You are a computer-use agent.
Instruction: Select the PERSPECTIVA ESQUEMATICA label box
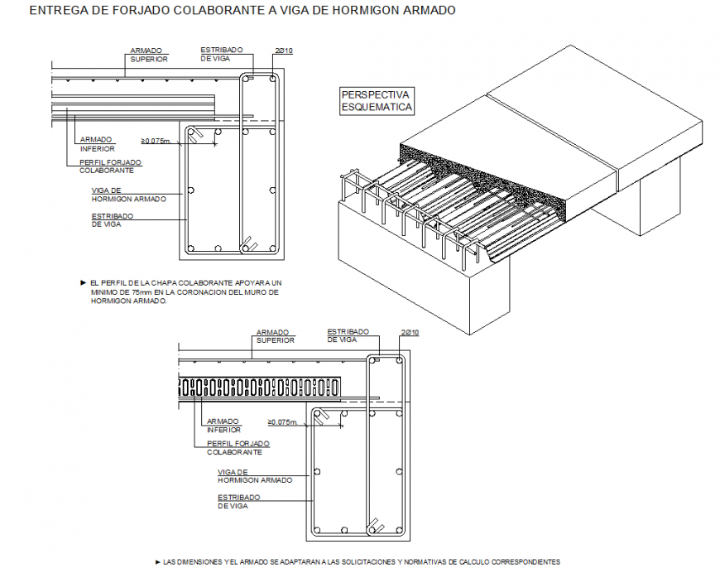[377, 101]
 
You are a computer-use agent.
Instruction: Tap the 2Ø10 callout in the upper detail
[284, 51]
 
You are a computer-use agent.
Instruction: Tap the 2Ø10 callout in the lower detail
[410, 332]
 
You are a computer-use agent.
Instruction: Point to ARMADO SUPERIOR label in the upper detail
[149, 55]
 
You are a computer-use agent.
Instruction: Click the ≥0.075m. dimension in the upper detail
[156, 141]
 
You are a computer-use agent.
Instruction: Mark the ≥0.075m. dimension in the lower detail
[276, 421]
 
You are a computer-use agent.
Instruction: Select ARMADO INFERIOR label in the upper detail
[97, 144]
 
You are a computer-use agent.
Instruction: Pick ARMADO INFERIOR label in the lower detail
[223, 425]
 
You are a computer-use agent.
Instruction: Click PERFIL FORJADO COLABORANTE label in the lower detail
[238, 448]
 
